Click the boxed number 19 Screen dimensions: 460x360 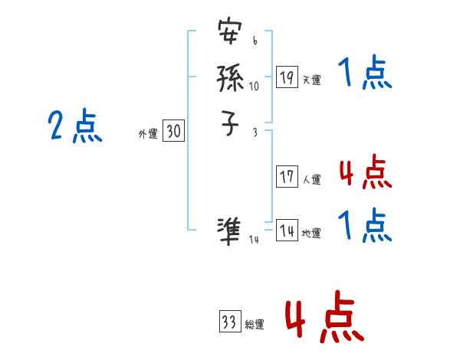pyautogui.click(x=287, y=77)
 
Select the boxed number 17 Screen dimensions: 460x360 pyautogui.click(x=287, y=177)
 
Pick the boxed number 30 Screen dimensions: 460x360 pyautogui.click(x=174, y=132)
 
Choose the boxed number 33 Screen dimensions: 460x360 pyautogui.click(x=229, y=322)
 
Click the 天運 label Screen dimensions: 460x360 pyautogui.click(x=311, y=79)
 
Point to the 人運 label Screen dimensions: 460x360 pyautogui.click(x=311, y=179)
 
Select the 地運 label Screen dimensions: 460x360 pyautogui.click(x=311, y=233)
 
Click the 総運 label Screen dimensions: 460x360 pyautogui.click(x=255, y=324)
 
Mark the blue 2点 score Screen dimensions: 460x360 pyautogui.click(x=75, y=126)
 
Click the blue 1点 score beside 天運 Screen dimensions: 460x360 pyautogui.click(x=365, y=74)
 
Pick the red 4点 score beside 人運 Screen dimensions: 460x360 pyautogui.click(x=365, y=173)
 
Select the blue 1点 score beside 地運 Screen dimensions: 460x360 pyautogui.click(x=365, y=226)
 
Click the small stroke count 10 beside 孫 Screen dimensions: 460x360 pyautogui.click(x=255, y=86)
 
